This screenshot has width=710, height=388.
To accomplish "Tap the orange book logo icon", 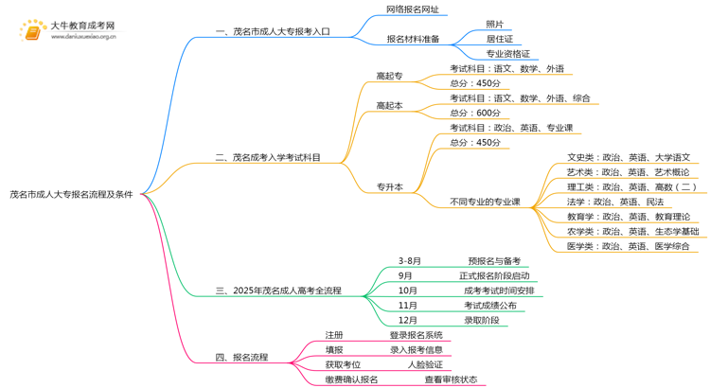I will pyautogui.click(x=31, y=32).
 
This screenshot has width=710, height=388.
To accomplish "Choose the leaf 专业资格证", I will pyautogui.click(x=507, y=54).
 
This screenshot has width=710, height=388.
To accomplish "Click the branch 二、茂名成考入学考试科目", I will pyautogui.click(x=269, y=158).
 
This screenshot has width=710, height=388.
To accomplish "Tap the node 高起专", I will pyautogui.click(x=389, y=76).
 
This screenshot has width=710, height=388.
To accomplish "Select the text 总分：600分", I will pyautogui.click(x=475, y=113).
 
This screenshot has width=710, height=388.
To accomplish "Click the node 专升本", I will pyautogui.click(x=389, y=187).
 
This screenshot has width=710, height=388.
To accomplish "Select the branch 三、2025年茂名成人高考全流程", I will pyautogui.click(x=278, y=291).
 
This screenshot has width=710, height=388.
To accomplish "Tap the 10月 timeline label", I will pyautogui.click(x=408, y=291).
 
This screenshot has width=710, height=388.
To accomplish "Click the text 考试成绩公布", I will pyautogui.click(x=489, y=306).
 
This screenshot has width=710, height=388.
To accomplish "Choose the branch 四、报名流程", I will pyautogui.click(x=241, y=358).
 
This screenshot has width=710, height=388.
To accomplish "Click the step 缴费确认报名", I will pyautogui.click(x=351, y=379).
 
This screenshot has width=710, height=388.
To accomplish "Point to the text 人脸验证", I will pyautogui.click(x=425, y=364).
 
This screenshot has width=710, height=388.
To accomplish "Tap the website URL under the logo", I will pyautogui.click(x=83, y=37).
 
